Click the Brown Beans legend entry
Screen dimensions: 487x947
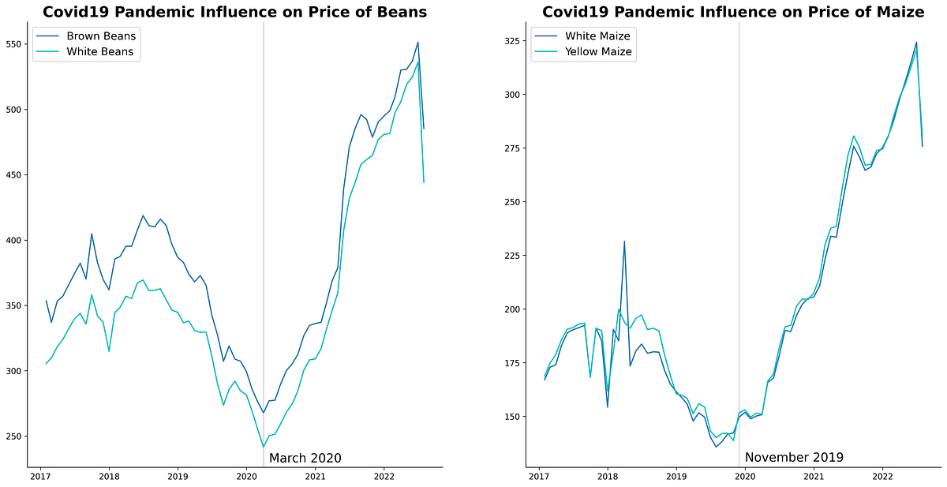(x=100, y=36)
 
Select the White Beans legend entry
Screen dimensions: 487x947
(x=99, y=52)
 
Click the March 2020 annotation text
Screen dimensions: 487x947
(x=305, y=458)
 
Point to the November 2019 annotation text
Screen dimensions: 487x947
(x=794, y=457)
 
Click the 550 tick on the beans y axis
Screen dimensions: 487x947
(x=14, y=44)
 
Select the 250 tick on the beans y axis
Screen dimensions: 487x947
(x=14, y=436)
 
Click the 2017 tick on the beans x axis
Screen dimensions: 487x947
(x=40, y=477)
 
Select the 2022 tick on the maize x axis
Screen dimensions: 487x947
(x=882, y=477)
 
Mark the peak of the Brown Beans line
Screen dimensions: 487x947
(x=417, y=43)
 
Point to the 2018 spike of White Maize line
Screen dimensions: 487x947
(x=624, y=242)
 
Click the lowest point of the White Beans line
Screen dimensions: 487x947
(x=264, y=447)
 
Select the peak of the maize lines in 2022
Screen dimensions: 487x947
(x=916, y=43)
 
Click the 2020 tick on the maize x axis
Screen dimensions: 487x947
(x=745, y=477)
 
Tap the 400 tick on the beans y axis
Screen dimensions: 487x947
(x=14, y=240)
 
